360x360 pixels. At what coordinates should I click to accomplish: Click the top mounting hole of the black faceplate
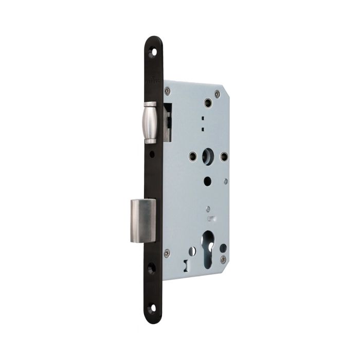[x=152, y=51]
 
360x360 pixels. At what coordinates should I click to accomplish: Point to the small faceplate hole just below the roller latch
[x=152, y=154]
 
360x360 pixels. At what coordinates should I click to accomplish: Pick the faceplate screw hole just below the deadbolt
[x=152, y=268]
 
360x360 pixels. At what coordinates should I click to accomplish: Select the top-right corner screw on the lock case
[x=217, y=94]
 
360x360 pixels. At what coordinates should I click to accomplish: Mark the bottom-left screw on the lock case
[x=167, y=253]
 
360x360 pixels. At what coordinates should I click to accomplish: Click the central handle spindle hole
[x=207, y=155]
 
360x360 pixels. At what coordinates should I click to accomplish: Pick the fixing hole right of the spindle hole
[x=223, y=156]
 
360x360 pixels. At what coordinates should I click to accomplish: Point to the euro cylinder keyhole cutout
[x=207, y=250]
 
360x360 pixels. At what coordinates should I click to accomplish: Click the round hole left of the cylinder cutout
[x=191, y=251]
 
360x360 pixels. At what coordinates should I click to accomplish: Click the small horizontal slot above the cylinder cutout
[x=210, y=220]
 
